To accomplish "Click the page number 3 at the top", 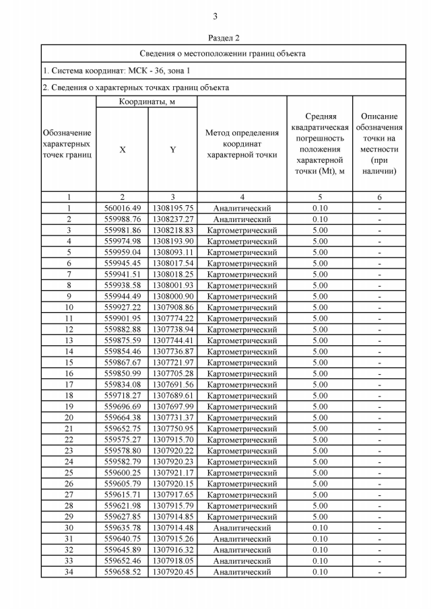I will pyautogui.click(x=215, y=16).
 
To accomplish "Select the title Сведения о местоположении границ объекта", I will pyautogui.click(x=223, y=53).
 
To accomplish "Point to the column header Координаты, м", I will pyautogui.click(x=147, y=102).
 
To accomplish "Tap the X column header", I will pyautogui.click(x=122, y=149).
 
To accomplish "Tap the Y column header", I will pyautogui.click(x=172, y=149).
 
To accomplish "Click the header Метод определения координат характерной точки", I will pyautogui.click(x=242, y=143).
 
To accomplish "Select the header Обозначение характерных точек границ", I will pyautogui.click(x=68, y=143).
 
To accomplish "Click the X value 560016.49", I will pyautogui.click(x=122, y=208).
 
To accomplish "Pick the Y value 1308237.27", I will pyautogui.click(x=172, y=219).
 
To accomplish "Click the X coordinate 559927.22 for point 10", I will pyautogui.click(x=122, y=308).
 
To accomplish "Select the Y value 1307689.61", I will pyautogui.click(x=172, y=396).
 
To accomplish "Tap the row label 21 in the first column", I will pyautogui.click(x=68, y=429).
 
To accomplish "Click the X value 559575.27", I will pyautogui.click(x=122, y=439).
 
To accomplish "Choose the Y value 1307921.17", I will pyautogui.click(x=172, y=473).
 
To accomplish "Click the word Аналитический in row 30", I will pyautogui.click(x=242, y=528).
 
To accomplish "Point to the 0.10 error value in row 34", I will pyautogui.click(x=319, y=572).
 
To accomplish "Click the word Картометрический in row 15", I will pyautogui.click(x=242, y=363).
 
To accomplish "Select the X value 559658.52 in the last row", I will pyautogui.click(x=122, y=572).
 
